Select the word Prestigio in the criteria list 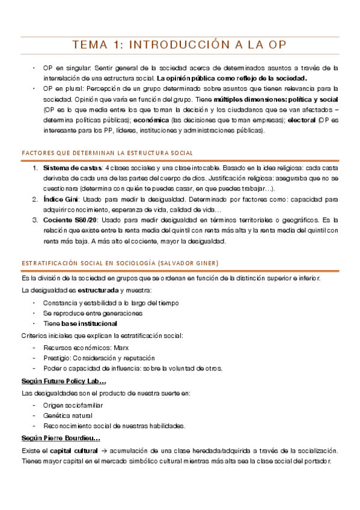tap(59, 358)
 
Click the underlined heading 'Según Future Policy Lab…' tap(64, 382)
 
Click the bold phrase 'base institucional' tap(89, 324)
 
